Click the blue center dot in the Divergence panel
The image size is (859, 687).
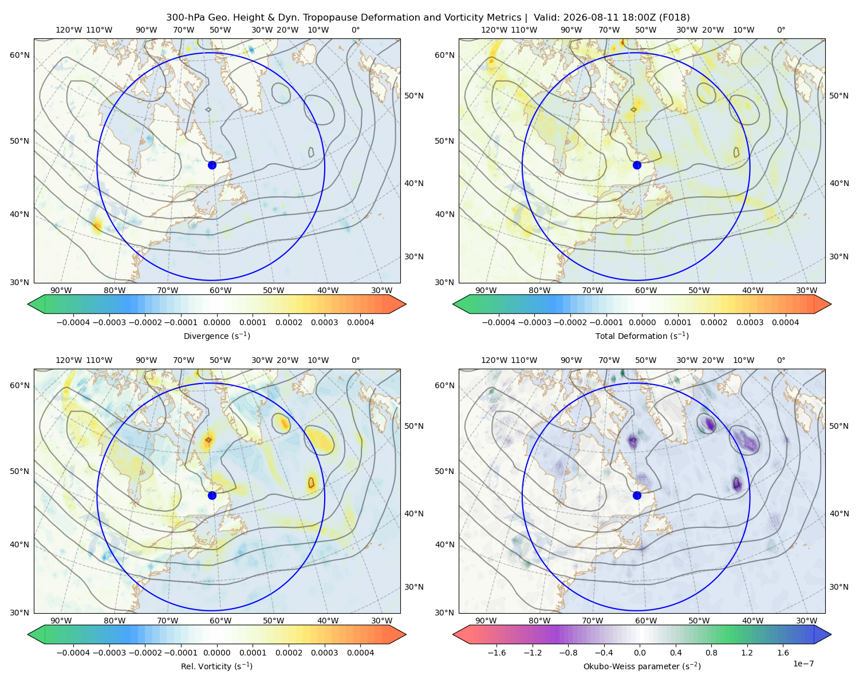(x=212, y=165)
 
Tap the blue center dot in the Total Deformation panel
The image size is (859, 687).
(x=637, y=165)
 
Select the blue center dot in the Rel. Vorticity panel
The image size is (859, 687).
(x=212, y=495)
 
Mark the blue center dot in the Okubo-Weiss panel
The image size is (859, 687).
(x=637, y=495)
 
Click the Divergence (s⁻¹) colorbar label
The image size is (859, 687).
(x=216, y=335)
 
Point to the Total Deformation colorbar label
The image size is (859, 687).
(x=642, y=335)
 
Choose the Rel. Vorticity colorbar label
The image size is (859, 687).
(x=216, y=666)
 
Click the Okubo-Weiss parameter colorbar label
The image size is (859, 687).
(x=642, y=666)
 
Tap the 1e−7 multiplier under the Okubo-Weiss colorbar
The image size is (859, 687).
(x=803, y=664)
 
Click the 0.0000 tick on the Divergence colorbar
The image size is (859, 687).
(x=216, y=322)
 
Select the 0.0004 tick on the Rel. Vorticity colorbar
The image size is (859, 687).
(x=360, y=652)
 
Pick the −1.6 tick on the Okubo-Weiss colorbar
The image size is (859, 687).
(x=497, y=652)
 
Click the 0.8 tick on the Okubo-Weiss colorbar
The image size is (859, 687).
(x=711, y=652)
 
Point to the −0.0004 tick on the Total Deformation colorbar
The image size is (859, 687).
(x=499, y=322)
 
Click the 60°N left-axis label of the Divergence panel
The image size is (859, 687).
(x=19, y=55)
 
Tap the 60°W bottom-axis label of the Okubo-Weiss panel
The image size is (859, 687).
(x=646, y=621)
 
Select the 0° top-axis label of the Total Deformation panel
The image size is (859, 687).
(x=781, y=30)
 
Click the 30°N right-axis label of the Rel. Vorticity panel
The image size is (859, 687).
(x=414, y=586)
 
